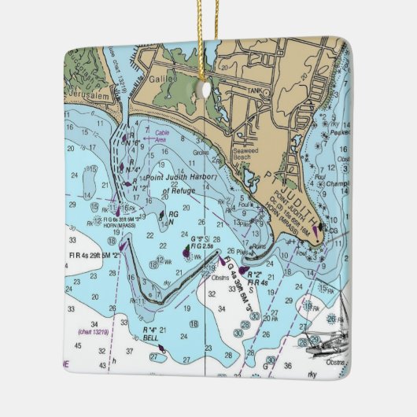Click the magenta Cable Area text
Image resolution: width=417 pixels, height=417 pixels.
point(163,135)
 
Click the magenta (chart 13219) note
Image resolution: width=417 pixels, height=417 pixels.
point(94,332)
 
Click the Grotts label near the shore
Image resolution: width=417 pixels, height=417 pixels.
point(201,153)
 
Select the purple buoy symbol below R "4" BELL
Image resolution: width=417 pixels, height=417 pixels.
point(161,346)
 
